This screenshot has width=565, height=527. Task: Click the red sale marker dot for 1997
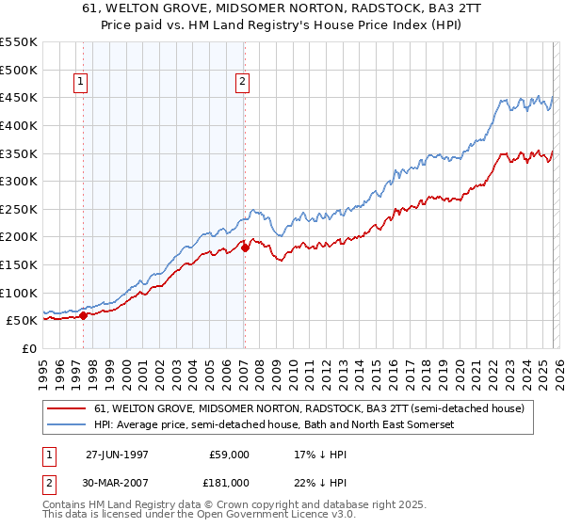84,315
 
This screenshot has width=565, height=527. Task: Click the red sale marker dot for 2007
245,248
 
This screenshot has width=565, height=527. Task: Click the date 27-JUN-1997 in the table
117,454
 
